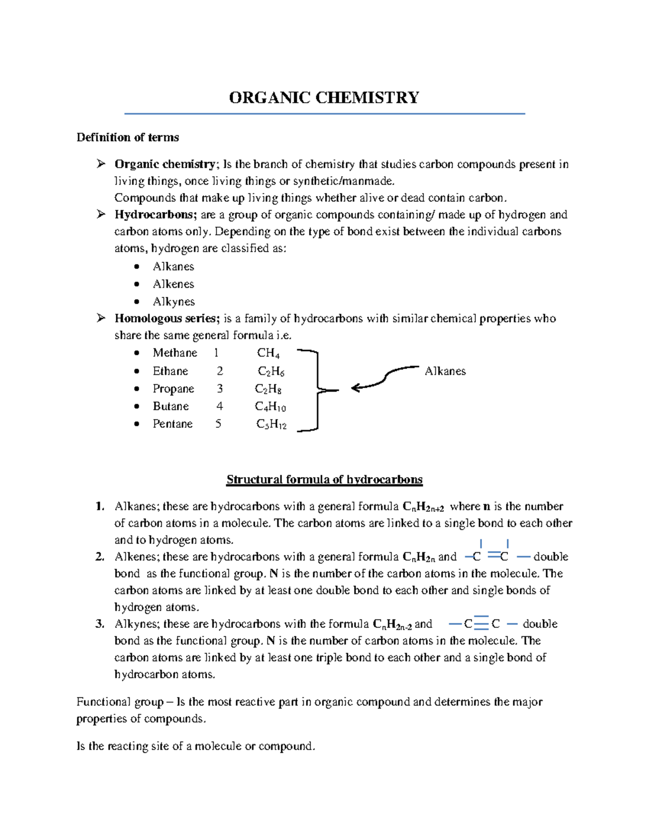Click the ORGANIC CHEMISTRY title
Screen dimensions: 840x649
(x=324, y=98)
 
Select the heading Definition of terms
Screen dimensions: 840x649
(x=128, y=137)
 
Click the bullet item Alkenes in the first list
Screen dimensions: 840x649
(x=173, y=284)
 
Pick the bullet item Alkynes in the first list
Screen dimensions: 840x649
(x=174, y=302)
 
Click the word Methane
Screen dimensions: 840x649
(x=175, y=353)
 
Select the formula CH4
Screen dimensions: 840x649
(x=268, y=354)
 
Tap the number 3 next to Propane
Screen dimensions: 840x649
(x=220, y=389)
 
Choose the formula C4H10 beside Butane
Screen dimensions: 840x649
(x=270, y=407)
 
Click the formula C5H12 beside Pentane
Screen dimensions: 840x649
(x=271, y=425)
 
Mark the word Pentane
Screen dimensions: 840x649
(x=173, y=424)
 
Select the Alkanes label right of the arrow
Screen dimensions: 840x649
(x=445, y=371)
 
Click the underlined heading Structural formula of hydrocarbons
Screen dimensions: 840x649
(x=325, y=480)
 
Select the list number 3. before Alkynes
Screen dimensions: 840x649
(x=100, y=624)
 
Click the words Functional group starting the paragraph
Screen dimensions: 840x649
(x=120, y=702)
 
